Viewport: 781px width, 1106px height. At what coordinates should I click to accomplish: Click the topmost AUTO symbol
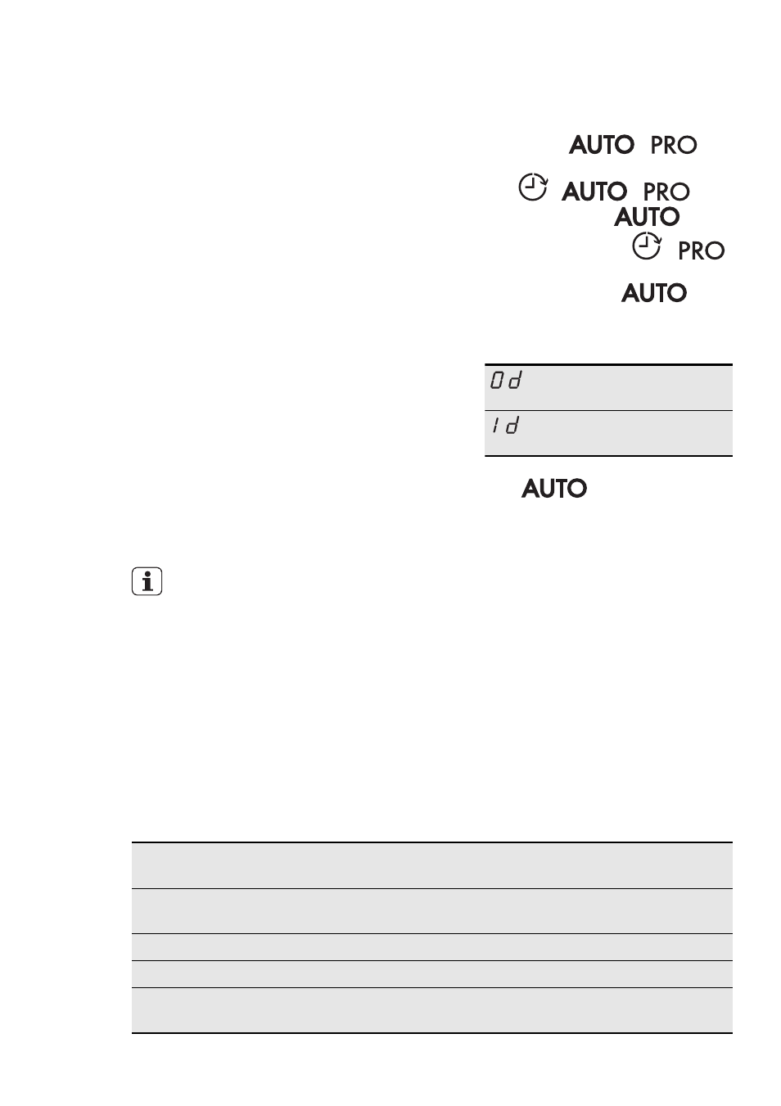coord(601,145)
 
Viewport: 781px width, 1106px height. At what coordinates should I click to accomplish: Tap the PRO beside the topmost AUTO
coord(674,145)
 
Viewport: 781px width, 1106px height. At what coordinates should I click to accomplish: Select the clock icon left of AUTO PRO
coord(533,187)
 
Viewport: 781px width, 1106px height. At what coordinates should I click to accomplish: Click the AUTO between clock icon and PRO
coord(594,192)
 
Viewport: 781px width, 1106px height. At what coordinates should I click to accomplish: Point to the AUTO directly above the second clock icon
coord(647,217)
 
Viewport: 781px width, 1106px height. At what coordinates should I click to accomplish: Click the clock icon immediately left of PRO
coord(646,246)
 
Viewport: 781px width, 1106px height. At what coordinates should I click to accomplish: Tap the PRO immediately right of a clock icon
coord(702,251)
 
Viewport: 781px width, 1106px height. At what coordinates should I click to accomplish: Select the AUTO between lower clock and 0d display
coord(654,293)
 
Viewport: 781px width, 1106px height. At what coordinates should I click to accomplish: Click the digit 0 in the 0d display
coord(498,381)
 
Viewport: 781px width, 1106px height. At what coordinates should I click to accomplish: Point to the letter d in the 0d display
coord(515,381)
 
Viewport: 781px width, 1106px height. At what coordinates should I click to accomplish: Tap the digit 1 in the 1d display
coord(495,425)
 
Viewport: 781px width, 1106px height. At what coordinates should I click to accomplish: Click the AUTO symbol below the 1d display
coord(554,488)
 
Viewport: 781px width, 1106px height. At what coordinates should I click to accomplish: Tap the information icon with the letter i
coord(147,581)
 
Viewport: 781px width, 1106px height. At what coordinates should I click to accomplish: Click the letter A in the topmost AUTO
coord(579,145)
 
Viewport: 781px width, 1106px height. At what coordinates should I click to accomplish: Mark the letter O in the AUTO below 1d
coord(576,488)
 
